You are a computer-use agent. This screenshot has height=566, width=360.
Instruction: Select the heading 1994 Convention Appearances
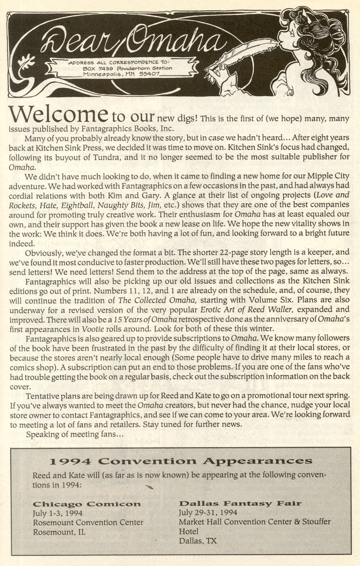pos(181,461)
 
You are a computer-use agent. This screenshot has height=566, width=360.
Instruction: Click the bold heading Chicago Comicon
pos(87,504)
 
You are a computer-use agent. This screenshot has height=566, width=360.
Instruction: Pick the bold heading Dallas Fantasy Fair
pos(240,503)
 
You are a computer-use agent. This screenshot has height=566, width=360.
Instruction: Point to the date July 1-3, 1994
pos(58,513)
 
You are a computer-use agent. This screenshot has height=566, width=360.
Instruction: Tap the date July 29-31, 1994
pos(208,512)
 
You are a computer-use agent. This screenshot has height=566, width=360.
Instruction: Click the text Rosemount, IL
pos(59,532)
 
